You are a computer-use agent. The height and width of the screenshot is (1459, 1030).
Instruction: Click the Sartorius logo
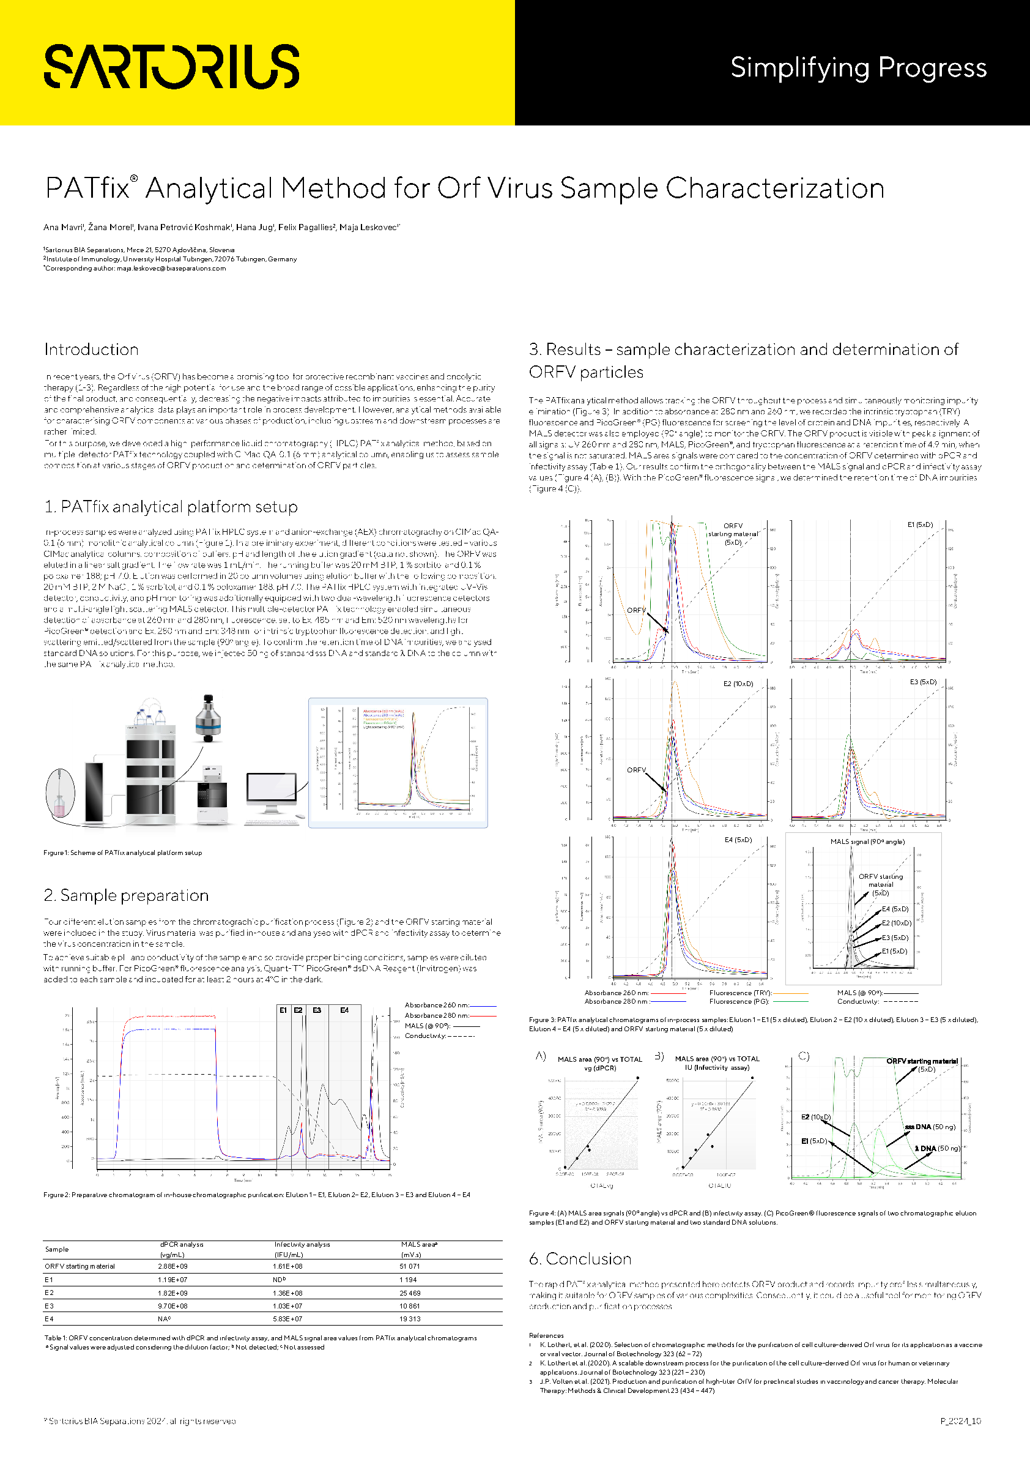[x=171, y=66]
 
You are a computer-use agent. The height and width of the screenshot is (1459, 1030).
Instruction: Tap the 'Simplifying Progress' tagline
[x=858, y=67]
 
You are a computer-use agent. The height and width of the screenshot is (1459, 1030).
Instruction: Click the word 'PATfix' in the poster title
[x=87, y=188]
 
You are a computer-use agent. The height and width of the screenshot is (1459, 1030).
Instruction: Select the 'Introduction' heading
[x=92, y=349]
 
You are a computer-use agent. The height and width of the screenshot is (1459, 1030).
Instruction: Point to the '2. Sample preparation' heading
[x=126, y=895]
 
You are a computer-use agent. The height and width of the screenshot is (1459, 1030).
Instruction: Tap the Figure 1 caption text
[x=122, y=853]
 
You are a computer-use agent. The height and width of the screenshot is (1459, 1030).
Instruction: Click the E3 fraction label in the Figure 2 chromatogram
[x=317, y=1010]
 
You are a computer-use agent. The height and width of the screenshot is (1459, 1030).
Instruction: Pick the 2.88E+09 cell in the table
[x=172, y=1266]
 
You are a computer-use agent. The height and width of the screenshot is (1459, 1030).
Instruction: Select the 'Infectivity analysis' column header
[x=302, y=1245]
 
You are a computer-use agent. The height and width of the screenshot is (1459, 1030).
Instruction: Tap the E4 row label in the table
[x=49, y=1319]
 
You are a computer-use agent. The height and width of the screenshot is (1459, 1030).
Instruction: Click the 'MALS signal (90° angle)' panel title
[x=867, y=841]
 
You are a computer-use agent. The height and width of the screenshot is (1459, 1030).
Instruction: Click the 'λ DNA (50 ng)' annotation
[x=936, y=1148]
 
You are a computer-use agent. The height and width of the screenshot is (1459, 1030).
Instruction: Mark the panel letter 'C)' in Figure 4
[x=804, y=1056]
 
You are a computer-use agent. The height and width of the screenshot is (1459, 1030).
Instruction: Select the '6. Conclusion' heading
[x=580, y=1259]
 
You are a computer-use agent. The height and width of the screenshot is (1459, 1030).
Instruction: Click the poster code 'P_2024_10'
[x=960, y=1421]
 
